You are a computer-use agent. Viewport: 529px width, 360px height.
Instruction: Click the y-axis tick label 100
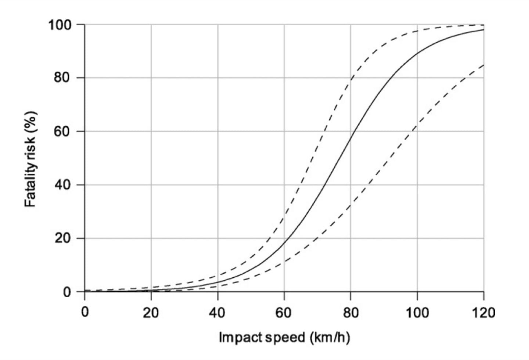[x=60, y=25]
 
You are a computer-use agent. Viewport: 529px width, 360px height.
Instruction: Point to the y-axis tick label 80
[x=63, y=78]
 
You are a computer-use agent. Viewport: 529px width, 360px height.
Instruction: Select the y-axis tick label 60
[x=63, y=132]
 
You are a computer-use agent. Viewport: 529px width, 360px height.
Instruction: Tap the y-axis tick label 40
[x=63, y=185]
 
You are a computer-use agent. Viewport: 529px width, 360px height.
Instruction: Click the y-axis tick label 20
[x=63, y=238]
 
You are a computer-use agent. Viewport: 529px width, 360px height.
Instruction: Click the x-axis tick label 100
[x=417, y=313]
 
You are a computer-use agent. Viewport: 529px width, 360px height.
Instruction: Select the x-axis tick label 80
[x=350, y=313]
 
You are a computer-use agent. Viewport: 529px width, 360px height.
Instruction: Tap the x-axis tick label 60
[x=284, y=313]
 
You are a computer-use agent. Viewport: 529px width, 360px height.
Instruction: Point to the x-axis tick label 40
[x=217, y=313]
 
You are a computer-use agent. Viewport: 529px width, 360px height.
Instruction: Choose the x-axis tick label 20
[x=151, y=313]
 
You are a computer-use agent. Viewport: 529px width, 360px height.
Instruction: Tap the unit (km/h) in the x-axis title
[x=329, y=337]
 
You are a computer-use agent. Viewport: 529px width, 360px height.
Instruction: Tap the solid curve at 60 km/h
[x=284, y=243]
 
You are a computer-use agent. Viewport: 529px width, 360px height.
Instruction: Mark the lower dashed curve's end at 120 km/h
[x=483, y=65]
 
